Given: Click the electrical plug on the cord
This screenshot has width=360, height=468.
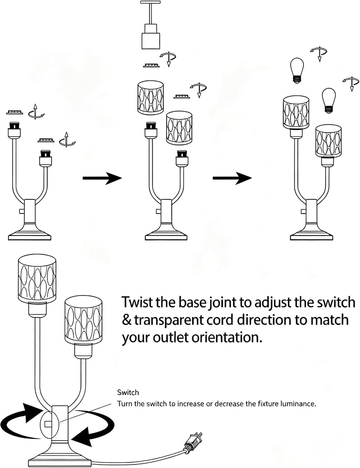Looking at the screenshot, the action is [x=193, y=441].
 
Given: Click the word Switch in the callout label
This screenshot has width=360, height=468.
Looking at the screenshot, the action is [x=128, y=393].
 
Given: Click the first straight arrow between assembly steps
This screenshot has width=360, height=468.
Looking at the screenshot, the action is [x=102, y=178].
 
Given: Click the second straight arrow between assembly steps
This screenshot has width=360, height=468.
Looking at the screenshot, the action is [x=232, y=178].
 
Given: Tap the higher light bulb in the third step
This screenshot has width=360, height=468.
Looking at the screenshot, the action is [x=297, y=70].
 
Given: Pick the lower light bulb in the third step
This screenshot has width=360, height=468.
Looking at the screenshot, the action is [x=329, y=101].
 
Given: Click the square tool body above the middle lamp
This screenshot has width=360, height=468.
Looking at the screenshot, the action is [x=151, y=41].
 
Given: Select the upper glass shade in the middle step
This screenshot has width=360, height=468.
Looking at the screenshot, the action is [x=150, y=98].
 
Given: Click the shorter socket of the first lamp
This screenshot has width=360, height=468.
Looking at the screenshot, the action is [x=45, y=158].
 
